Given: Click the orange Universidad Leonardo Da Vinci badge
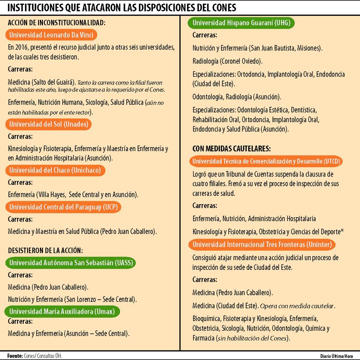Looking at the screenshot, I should (51, 35).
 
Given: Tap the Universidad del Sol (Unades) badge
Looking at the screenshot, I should (49, 124).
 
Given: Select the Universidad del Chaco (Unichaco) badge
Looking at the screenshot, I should (55, 170).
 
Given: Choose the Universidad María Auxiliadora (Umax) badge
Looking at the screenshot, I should (62, 311).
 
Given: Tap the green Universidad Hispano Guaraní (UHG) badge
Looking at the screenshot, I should (241, 23).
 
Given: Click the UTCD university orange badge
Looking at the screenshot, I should (266, 161).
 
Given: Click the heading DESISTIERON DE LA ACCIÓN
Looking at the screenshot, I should (46, 251).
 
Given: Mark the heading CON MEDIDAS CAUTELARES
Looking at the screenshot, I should (231, 148).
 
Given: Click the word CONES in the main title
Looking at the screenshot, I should (222, 7).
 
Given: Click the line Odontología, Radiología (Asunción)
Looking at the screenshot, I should (237, 97).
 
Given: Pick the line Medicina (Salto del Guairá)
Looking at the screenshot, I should (42, 82).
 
